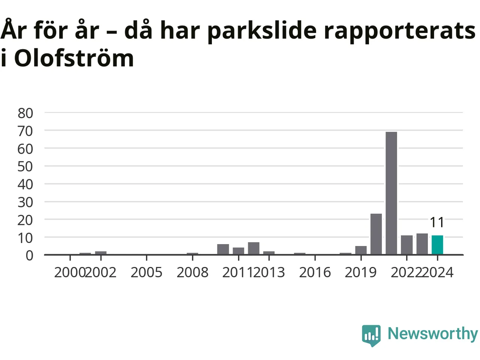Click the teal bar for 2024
437,245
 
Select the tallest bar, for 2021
391,193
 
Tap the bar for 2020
376,234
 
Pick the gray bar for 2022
406,245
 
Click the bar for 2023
422,244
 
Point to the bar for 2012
253,248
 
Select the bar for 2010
223,249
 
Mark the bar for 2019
361,250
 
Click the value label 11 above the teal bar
437,222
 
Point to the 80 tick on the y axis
25,113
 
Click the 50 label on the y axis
25,167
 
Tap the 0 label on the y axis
29,255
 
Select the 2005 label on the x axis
147,273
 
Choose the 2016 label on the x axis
315,273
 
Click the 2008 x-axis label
192,273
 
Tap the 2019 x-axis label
361,273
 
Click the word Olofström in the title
74,57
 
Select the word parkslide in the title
262,31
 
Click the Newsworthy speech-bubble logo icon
371,336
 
